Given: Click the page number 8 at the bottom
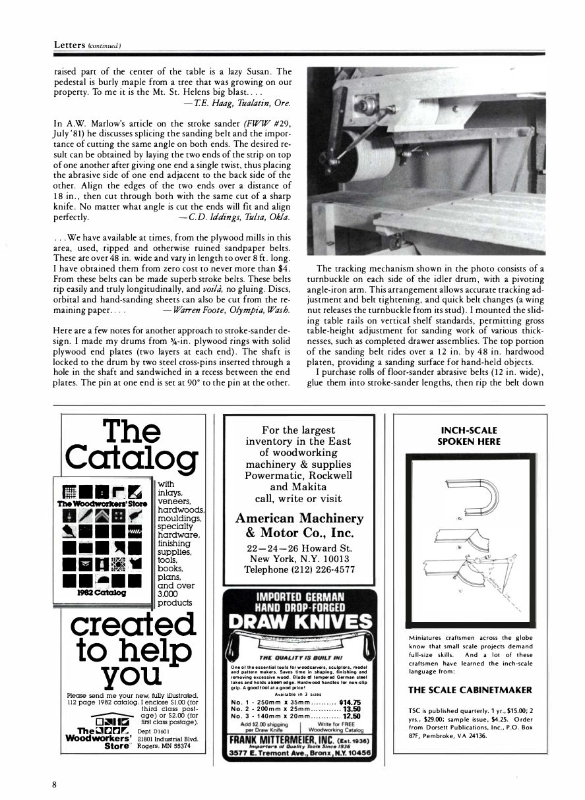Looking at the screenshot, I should click(56, 784).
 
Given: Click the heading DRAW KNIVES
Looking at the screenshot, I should click(300, 622).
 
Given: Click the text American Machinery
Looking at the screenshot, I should click(299, 519).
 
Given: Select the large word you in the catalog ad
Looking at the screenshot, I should click(131, 675).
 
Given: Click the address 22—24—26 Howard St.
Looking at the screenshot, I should click(299, 548).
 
